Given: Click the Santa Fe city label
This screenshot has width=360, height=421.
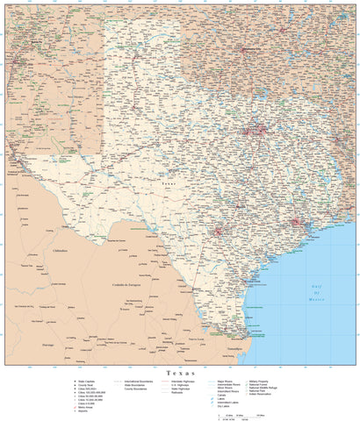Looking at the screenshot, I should coord(35,41).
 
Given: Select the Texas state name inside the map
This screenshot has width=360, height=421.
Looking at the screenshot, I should coord(169,185).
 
